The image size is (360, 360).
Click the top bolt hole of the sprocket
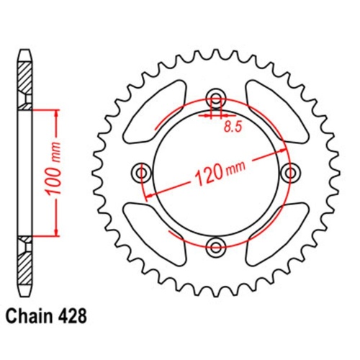point(215,98)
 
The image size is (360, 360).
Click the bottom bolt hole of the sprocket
point(215,248)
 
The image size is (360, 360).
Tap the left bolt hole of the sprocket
point(140,173)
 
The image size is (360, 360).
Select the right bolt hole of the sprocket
point(291,173)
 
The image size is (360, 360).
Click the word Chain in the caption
point(32,314)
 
